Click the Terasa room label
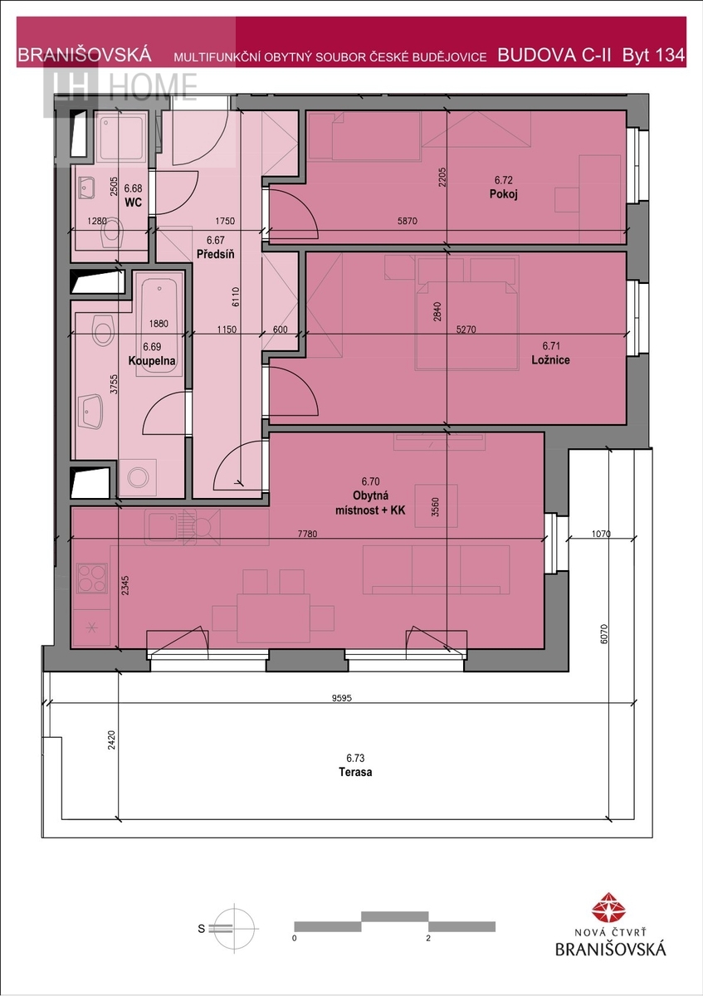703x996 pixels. (x=355, y=771)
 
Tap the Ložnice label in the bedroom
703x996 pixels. (x=550, y=359)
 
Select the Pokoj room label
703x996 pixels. (x=503, y=194)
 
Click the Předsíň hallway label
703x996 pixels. (x=215, y=254)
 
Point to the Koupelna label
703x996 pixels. (x=152, y=360)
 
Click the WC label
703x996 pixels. (x=133, y=203)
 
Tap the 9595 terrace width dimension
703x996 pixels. (x=341, y=698)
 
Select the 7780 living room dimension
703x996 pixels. (x=307, y=534)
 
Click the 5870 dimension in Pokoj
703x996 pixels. (x=408, y=221)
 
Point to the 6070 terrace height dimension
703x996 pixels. (x=603, y=634)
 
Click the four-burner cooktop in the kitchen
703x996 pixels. (x=92, y=578)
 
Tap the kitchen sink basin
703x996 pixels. (x=163, y=527)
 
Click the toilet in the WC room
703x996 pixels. (x=111, y=232)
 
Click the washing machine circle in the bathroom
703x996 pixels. (x=138, y=477)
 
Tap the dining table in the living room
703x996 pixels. (x=273, y=618)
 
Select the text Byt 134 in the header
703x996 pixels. (x=653, y=55)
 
